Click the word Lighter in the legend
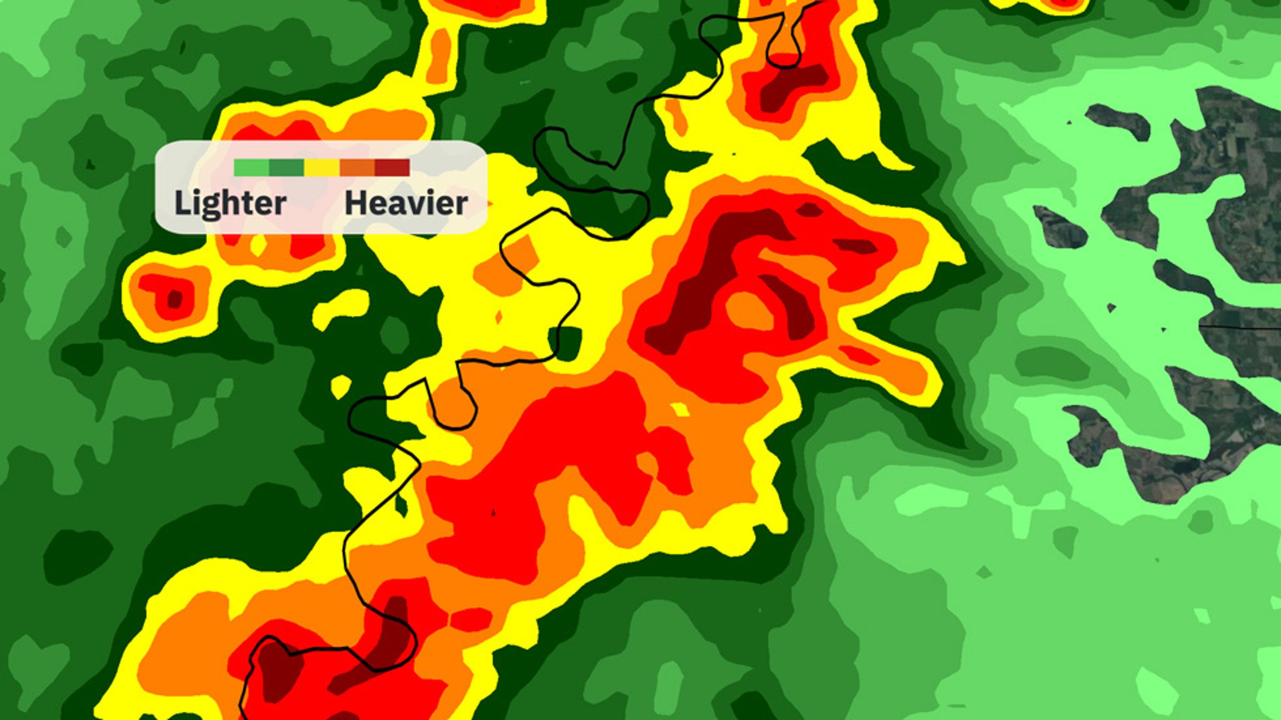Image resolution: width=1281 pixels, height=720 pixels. (230, 203)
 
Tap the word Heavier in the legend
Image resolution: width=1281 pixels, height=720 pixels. (406, 203)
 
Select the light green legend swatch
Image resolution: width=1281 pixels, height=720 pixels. (251, 168)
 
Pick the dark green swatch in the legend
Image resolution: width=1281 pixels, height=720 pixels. (286, 168)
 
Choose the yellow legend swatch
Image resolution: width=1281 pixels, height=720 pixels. (322, 168)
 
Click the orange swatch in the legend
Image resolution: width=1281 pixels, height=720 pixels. (357, 168)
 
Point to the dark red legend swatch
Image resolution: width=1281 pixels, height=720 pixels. (392, 168)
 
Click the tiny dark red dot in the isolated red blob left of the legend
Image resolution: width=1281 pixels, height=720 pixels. (175, 299)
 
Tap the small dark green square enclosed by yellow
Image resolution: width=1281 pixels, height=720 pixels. (565, 343)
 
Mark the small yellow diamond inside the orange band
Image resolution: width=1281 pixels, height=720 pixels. (680, 410)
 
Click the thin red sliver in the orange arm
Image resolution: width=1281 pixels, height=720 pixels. (859, 355)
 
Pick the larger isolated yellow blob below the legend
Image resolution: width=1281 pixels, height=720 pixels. (342, 308)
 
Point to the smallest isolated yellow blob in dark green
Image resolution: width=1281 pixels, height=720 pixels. (341, 386)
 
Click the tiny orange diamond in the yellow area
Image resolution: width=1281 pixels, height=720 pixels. (499, 318)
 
